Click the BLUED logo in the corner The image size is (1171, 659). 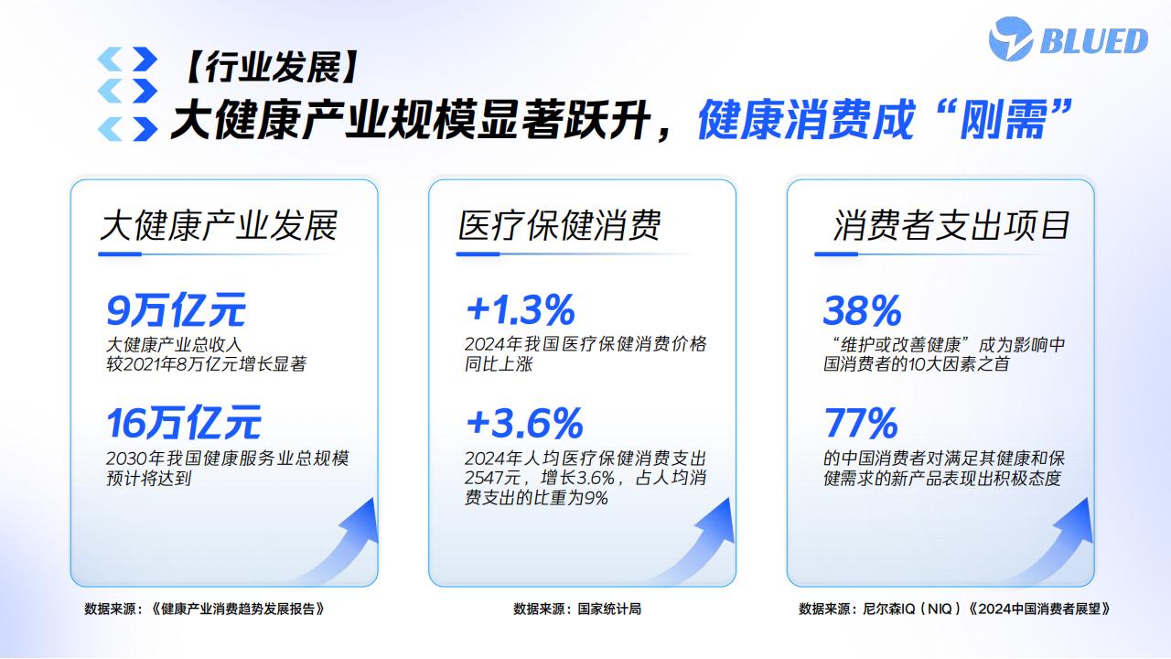pyautogui.click(x=1068, y=39)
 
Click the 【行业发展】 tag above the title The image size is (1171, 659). pyautogui.click(x=271, y=67)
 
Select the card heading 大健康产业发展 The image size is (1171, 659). pyautogui.click(x=219, y=226)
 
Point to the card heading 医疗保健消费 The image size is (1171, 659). pyautogui.click(x=559, y=226)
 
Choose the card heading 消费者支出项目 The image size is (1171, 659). pyautogui.click(x=951, y=226)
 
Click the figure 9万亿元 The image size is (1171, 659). pyautogui.click(x=177, y=309)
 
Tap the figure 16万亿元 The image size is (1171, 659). pyautogui.click(x=184, y=423)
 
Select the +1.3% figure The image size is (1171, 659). pyautogui.click(x=521, y=309)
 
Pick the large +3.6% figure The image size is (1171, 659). pyautogui.click(x=524, y=423)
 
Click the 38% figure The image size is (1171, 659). pyautogui.click(x=863, y=310)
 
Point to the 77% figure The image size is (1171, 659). pyautogui.click(x=861, y=423)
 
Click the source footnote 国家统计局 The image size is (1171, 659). pyautogui.click(x=577, y=609)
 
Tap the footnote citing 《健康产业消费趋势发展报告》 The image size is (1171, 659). pyautogui.click(x=204, y=609)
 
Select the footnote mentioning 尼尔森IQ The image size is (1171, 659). pyautogui.click(x=954, y=609)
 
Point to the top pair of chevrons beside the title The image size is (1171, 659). pyautogui.click(x=127, y=59)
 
